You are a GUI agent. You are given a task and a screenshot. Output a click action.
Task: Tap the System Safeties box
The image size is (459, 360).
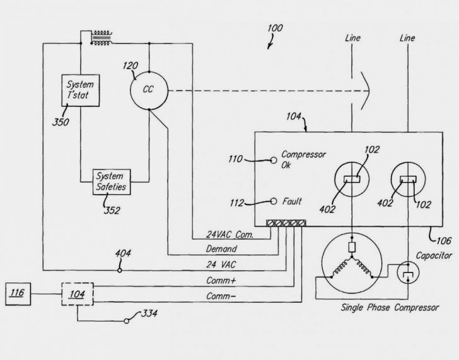tap(111, 181)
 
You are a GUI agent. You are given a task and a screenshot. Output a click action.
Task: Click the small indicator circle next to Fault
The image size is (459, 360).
tap(274, 202)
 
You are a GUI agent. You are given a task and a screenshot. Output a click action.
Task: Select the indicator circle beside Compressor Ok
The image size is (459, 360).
tap(274, 160)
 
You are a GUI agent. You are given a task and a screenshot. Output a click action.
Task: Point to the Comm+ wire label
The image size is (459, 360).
tap(223, 280)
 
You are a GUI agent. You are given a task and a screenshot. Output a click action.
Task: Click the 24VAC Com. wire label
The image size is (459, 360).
tap(230, 235)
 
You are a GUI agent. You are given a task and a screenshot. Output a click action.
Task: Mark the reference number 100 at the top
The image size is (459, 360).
tap(275, 28)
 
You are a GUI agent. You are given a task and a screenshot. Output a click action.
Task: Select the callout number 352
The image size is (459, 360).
tap(112, 210)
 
